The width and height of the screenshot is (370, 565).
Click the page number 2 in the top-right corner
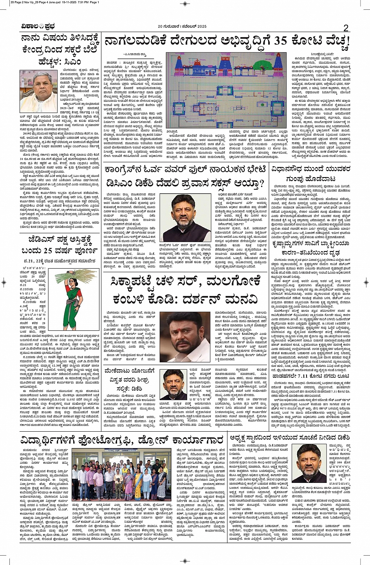[346, 28]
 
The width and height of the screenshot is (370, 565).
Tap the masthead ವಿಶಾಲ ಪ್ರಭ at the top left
[38, 27]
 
